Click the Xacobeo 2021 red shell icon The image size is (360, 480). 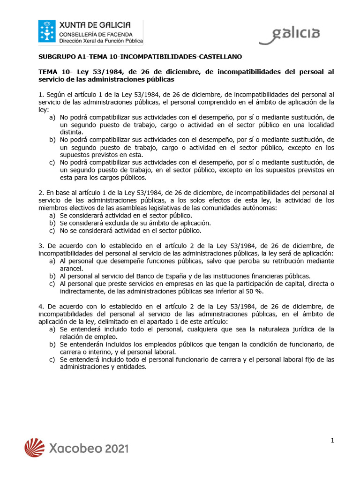(x=35, y=448)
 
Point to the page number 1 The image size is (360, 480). (x=332, y=440)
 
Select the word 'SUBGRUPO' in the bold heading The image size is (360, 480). (x=53, y=57)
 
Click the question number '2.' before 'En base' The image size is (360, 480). (x=40, y=193)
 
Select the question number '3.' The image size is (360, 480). (x=40, y=246)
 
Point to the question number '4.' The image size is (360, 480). (x=40, y=306)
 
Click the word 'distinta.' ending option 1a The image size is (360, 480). (x=71, y=132)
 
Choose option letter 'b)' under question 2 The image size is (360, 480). (x=52, y=223)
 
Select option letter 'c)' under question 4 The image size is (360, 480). (x=52, y=360)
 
